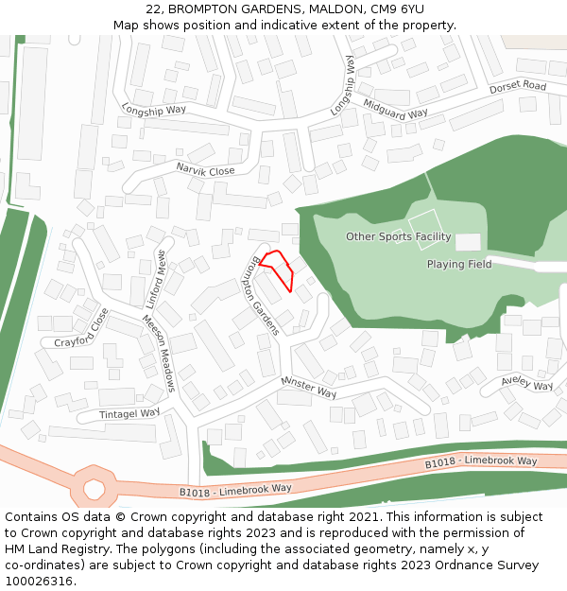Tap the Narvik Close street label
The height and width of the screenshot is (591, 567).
205,170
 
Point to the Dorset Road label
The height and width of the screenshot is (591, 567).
518,88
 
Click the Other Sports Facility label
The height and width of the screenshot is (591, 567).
398,236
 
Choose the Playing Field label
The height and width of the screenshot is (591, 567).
459,265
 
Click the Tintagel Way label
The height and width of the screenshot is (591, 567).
130,414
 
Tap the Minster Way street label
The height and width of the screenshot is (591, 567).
308,387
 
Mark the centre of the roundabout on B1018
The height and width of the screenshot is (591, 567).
94,488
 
